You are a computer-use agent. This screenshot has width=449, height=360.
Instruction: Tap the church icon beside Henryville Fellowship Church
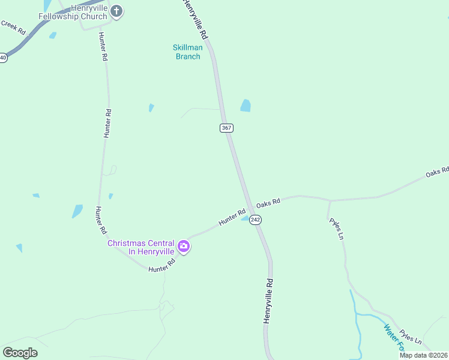tap(117, 11)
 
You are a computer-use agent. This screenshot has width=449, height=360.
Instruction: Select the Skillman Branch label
tap(187, 52)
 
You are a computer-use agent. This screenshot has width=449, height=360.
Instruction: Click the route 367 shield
tap(226, 128)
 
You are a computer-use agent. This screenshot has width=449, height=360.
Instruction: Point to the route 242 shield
tap(256, 220)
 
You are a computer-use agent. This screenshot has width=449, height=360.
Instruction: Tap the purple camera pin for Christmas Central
tap(184, 246)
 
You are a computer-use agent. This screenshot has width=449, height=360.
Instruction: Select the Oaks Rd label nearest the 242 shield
tap(268, 204)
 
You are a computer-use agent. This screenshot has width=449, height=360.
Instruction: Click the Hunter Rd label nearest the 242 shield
tap(232, 217)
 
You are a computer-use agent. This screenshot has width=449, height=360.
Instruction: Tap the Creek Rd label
tap(13, 26)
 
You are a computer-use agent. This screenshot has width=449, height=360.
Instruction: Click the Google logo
tap(20, 353)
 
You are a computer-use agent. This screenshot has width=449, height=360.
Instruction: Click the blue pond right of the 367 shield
tap(246, 106)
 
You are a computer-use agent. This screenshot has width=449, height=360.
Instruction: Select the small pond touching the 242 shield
tap(246, 218)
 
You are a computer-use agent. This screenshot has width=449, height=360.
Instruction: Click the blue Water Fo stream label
tap(393, 338)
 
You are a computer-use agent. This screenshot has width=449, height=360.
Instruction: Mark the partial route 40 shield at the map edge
tap(3, 58)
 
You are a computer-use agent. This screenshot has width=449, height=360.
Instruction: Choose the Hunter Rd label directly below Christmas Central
tap(161, 265)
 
